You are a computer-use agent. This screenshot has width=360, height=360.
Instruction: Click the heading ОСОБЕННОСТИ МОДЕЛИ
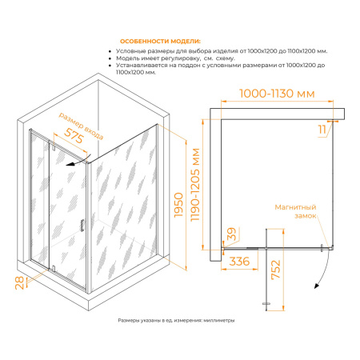pyautogui.click(x=160, y=42)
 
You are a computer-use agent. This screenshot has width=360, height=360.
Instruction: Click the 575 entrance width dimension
pyautogui.click(x=74, y=136)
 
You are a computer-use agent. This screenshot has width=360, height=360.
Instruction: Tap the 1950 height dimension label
pyautogui.click(x=178, y=205)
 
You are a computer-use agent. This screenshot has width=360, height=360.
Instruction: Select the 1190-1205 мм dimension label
pyautogui.click(x=195, y=185)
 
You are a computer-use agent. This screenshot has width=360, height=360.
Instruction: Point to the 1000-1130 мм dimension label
pyautogui.click(x=277, y=94)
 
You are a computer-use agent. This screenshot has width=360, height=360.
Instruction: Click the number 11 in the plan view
pyautogui.click(x=322, y=130)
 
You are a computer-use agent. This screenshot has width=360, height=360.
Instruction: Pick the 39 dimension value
pyautogui.click(x=231, y=234)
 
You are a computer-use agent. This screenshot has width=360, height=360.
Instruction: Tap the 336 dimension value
pyautogui.click(x=239, y=262)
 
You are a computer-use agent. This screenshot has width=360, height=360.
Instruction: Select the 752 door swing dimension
pyautogui.click(x=276, y=270)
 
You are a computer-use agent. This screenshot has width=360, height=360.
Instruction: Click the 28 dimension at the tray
pyautogui.click(x=19, y=283)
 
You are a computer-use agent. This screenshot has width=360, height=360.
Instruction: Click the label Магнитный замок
pyautogui.click(x=295, y=211)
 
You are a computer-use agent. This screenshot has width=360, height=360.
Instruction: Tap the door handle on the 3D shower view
pyautogui.click(x=82, y=225)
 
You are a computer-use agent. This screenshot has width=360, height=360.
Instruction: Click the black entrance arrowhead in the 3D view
pyautogui.click(x=70, y=164)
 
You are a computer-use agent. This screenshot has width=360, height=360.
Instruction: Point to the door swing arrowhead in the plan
pyautogui.click(x=317, y=286)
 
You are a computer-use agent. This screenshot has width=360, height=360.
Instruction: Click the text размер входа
pyautogui.click(x=81, y=126)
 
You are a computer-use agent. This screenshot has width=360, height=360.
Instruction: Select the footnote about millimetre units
pyautogui.click(x=176, y=320)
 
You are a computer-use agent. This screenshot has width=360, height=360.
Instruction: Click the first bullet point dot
pyautogui.click(x=110, y=51)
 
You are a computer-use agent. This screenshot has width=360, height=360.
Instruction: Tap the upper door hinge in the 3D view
pyautogui.click(x=54, y=146)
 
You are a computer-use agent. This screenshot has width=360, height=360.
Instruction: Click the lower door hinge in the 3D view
pyautogui.click(x=54, y=268)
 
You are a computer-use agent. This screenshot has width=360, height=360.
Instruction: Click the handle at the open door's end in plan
pyautogui.click(x=266, y=303)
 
